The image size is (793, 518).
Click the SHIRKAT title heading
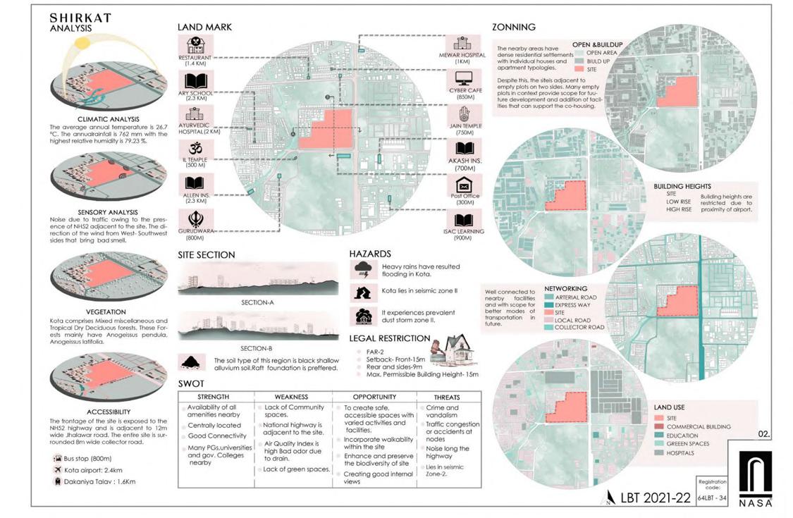tap(80, 18)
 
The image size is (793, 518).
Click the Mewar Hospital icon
tap(462, 44)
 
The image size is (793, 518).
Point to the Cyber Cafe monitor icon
tap(463, 78)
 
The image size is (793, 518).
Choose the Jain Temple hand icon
tap(463, 113)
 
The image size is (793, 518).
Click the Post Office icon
tap(463, 185)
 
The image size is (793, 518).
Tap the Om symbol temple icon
tap(194, 148)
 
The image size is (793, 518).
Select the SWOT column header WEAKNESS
tap(291, 397)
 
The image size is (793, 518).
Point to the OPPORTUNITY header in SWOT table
tap(374, 397)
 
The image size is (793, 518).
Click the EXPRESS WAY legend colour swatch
tap(548, 305)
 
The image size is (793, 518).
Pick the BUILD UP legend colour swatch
tap(579, 61)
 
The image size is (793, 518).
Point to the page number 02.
tap(764, 434)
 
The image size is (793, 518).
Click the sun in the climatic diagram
tap(82, 42)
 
